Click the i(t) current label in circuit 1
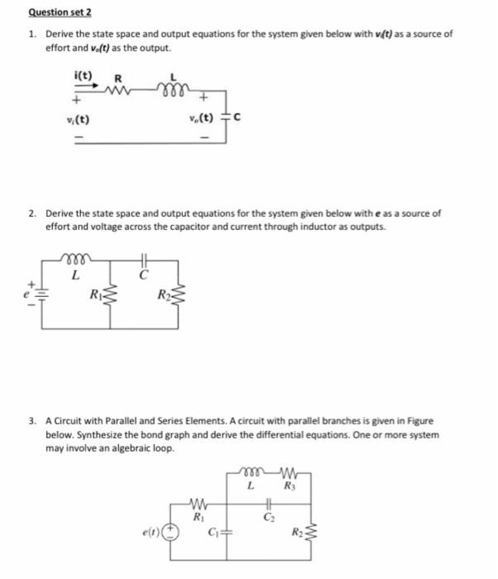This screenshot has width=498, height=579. click(84, 75)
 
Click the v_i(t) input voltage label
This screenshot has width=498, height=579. click(80, 119)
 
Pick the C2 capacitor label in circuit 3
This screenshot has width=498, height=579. click(270, 519)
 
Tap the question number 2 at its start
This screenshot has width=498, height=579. click(31, 213)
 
